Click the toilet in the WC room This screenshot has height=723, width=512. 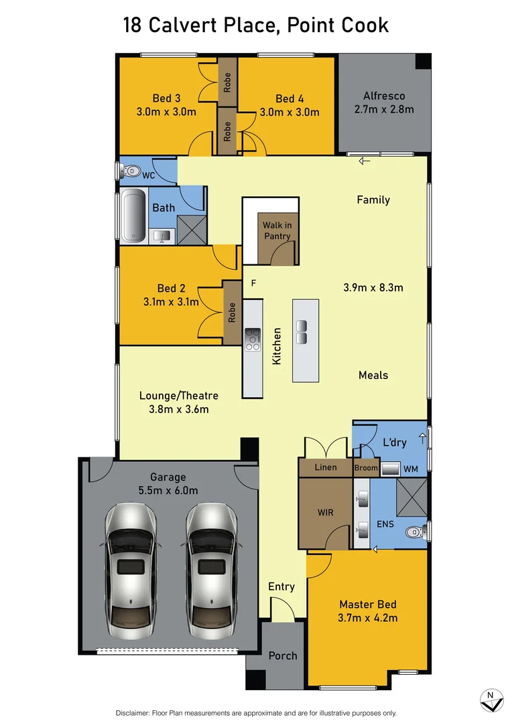tap(129, 171)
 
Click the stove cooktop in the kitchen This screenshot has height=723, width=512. tap(253, 339)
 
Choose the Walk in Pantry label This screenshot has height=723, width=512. tap(277, 230)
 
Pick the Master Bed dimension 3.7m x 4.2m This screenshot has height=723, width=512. tap(368, 618)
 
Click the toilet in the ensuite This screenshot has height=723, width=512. tap(416, 533)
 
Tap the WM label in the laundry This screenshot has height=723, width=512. tap(411, 469)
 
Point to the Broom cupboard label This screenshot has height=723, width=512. tap(366, 468)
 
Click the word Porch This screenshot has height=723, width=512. tap(282, 655)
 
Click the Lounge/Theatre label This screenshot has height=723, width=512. tap(179, 395)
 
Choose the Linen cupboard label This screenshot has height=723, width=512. tap(326, 467)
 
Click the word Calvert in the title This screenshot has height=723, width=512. tap(188, 26)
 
